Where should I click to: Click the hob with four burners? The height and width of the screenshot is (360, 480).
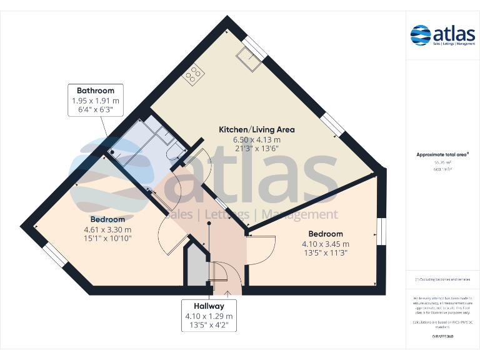coord(193,74)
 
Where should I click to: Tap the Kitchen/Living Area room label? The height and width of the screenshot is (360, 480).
coord(256,129)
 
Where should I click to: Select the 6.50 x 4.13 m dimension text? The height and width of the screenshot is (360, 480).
coord(256,139)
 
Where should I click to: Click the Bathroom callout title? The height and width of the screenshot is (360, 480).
coord(96,91)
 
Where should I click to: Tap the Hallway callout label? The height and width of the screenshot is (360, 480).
coord(208,306)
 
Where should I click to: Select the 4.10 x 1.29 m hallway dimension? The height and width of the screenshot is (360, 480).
coord(208,316)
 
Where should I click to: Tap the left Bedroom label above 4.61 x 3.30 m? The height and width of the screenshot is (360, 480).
coord(107,219)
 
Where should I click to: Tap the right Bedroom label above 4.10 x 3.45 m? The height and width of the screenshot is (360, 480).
coord(325,234)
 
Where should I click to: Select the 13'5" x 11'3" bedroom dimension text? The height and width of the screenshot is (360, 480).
coord(325,253)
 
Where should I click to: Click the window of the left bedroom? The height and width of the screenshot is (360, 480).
coord(55,255)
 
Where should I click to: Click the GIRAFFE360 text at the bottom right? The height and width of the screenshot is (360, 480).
coord(442,337)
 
